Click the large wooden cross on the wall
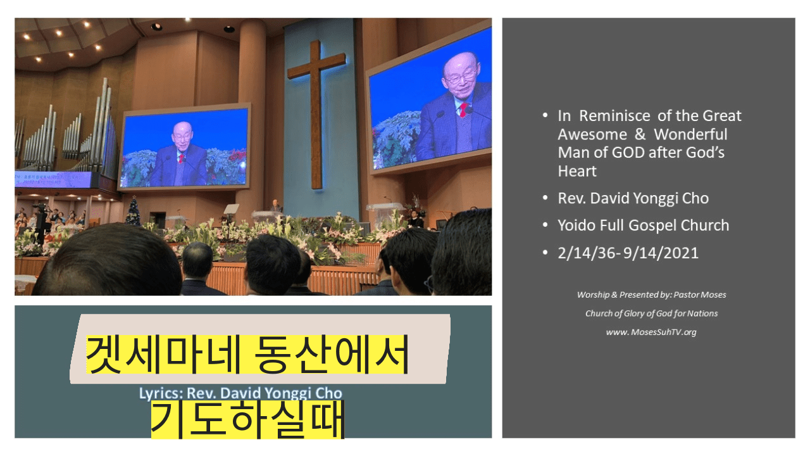click(316, 114)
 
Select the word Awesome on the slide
click(592, 134)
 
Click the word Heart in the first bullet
click(577, 171)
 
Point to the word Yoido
click(576, 225)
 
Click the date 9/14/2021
click(661, 253)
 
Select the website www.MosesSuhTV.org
click(651, 332)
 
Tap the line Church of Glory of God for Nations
click(652, 313)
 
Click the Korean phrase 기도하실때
click(247, 420)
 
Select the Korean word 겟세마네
click(163, 354)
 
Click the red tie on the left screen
click(181, 158)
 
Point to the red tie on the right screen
click(463, 110)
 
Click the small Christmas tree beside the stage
click(133, 211)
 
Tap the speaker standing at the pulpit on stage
click(276, 206)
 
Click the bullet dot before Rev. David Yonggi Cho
click(545, 198)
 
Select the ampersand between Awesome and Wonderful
click(640, 134)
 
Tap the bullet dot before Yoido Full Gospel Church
click(545, 225)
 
